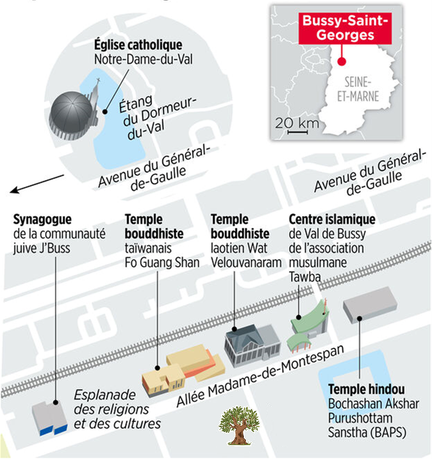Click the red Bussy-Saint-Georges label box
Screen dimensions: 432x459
tap(345, 28)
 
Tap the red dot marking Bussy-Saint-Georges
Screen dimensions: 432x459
tap(342, 62)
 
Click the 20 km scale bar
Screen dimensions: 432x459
tap(297, 133)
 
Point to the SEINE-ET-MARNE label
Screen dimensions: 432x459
tap(358, 89)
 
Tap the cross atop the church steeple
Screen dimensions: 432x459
tap(98, 81)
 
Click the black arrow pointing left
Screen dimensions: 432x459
tap(37, 184)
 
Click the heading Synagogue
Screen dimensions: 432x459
tap(42, 219)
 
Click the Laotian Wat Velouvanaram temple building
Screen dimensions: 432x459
tap(251, 345)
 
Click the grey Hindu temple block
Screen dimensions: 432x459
tap(369, 304)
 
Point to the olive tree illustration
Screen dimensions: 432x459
tap(240, 426)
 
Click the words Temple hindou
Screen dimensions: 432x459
tap(367, 390)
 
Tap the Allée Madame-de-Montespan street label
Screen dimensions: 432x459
tap(260, 376)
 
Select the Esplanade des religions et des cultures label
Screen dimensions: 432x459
tap(117, 409)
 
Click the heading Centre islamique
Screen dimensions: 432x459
tap(332, 219)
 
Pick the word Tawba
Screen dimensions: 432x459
tap(305, 276)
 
